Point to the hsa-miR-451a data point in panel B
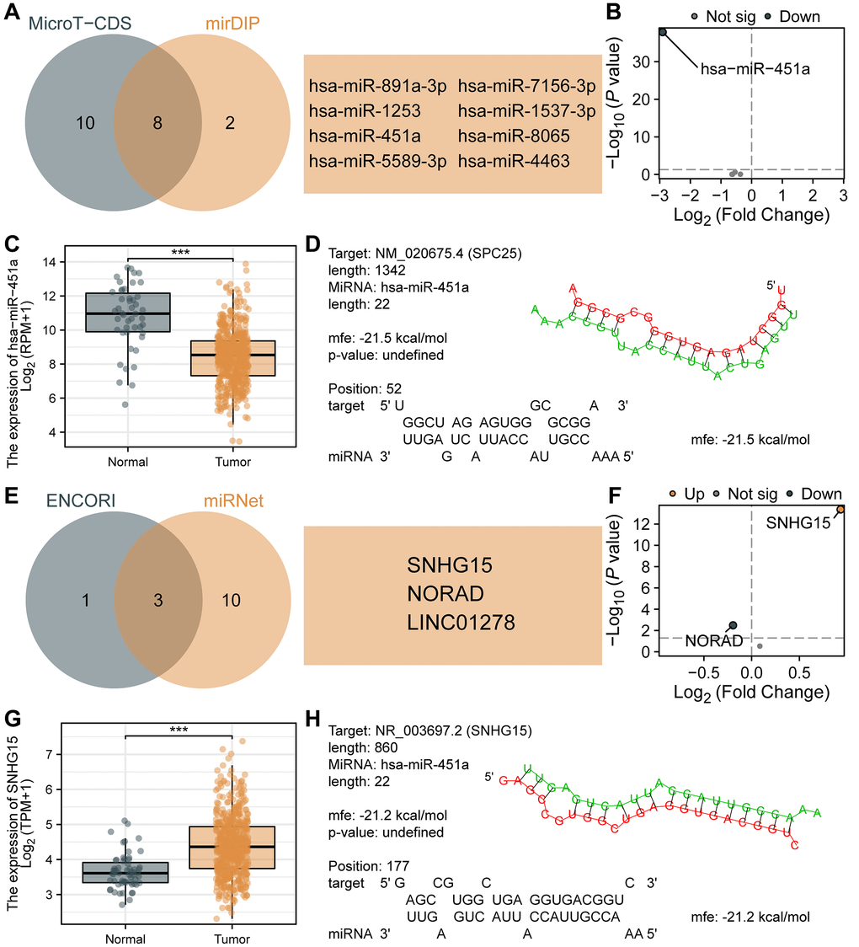point(663,32)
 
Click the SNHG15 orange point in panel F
point(840,509)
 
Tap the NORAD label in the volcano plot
point(713,641)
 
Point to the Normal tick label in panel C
point(128,462)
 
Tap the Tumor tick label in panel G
point(232,938)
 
